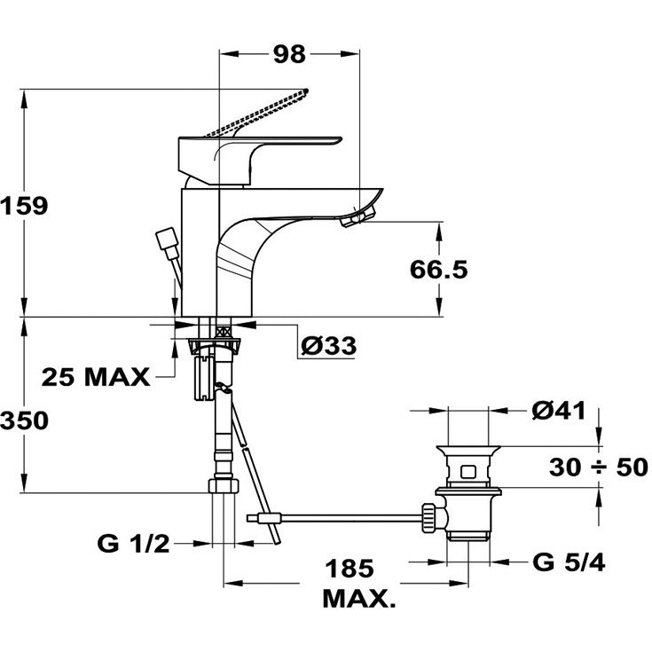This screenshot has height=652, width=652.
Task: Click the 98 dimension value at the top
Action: click(289, 54)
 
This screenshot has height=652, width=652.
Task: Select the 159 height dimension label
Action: click(24, 206)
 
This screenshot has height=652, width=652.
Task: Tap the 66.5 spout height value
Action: click(439, 270)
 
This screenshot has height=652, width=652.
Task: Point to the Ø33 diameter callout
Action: click(329, 346)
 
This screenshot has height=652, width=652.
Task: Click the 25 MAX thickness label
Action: click(96, 377)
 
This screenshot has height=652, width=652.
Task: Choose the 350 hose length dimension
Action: click(24, 420)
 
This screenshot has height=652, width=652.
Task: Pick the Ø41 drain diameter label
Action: click(559, 411)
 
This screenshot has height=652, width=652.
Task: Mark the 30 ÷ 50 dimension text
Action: click(599, 467)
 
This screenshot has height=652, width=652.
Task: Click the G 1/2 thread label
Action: click(133, 544)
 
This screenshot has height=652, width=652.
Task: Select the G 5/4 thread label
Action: click(569, 562)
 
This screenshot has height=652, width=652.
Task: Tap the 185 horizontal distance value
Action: click(350, 568)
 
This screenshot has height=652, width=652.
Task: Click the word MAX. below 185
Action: click(359, 599)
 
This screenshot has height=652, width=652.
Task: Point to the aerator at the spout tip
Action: click(357, 216)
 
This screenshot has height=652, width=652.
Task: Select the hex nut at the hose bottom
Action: click(224, 486)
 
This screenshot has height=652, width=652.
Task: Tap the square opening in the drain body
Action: click(468, 472)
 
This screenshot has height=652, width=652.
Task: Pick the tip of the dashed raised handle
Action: click(306, 90)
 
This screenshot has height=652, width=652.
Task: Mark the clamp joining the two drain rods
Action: click(269, 519)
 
